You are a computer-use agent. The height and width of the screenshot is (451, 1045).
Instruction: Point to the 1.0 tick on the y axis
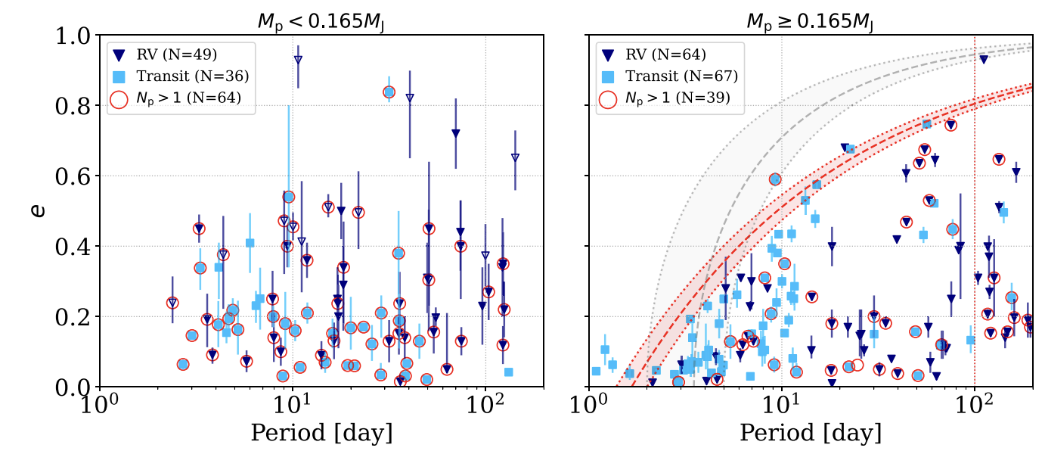[x=72, y=36]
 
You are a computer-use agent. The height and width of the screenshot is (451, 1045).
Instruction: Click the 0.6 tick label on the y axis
[x=72, y=176]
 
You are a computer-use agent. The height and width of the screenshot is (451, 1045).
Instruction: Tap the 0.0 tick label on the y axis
[x=72, y=387]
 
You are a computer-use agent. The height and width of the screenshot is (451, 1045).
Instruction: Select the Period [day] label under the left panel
[x=321, y=433]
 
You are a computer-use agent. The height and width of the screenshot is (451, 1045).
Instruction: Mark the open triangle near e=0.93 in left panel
[x=298, y=59]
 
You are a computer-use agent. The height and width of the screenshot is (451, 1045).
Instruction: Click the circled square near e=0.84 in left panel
[x=389, y=92]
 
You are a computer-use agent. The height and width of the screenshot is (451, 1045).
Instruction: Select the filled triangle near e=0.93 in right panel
[x=984, y=59]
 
